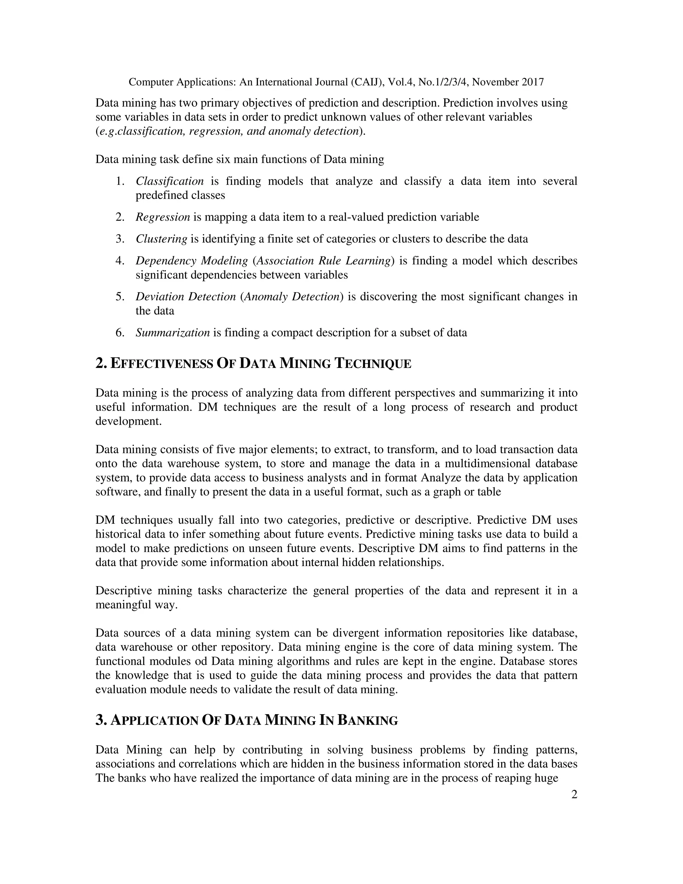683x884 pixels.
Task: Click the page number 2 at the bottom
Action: [x=574, y=795]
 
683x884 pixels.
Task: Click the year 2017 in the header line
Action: [x=533, y=82]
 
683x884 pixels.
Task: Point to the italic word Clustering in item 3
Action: [x=161, y=239]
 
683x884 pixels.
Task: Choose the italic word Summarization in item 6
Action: [x=173, y=333]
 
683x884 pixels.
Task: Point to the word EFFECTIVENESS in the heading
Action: [x=162, y=364]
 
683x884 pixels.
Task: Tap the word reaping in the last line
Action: [x=507, y=778]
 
